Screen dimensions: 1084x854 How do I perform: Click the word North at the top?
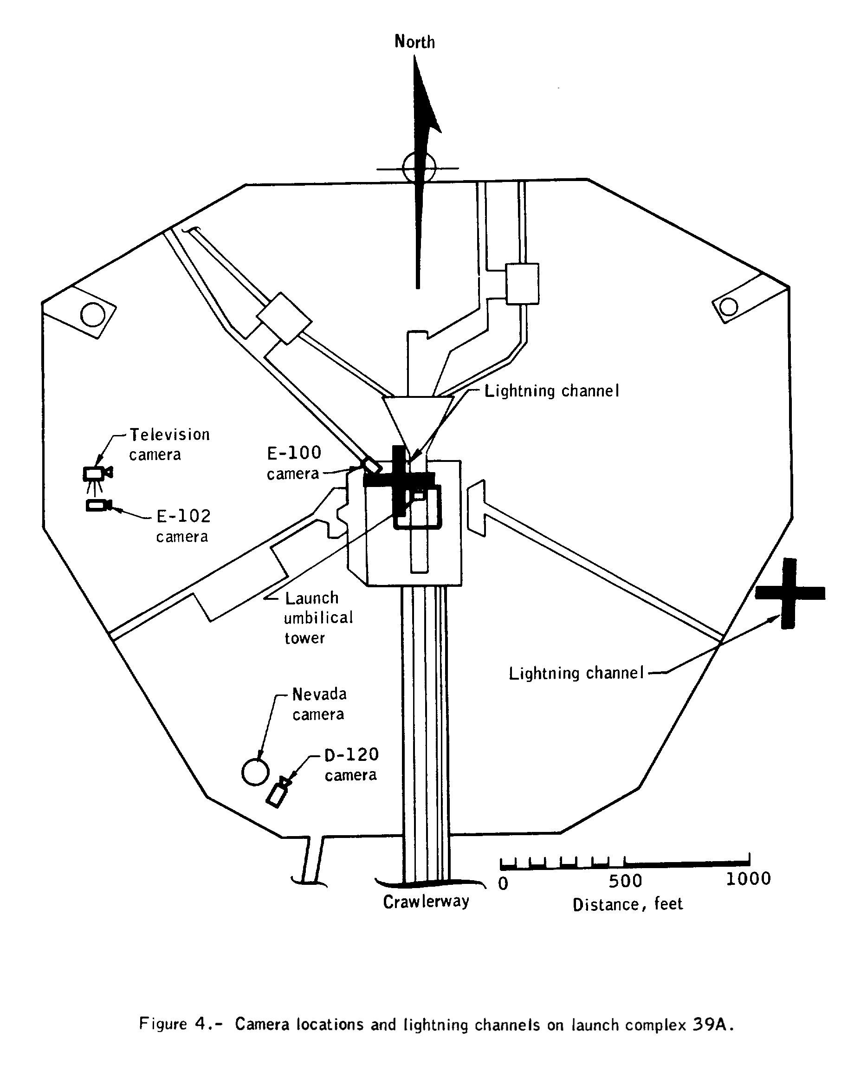pos(414,41)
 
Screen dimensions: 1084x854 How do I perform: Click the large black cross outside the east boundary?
pos(789,593)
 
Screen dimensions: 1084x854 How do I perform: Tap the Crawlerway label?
pos(426,902)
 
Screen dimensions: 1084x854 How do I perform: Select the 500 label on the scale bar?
pos(625,881)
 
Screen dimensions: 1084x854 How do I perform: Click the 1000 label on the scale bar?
pos(748,879)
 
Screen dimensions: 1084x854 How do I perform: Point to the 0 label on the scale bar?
pos(504,884)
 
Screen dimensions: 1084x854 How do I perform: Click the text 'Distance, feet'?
pos(628,904)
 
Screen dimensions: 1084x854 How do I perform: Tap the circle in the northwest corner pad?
pos(93,315)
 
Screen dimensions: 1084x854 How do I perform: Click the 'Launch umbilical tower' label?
pos(318,617)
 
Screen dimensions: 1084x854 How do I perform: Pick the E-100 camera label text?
pos(293,463)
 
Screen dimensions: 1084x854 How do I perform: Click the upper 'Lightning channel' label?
pos(551,391)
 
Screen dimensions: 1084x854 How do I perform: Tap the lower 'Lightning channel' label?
pos(576,673)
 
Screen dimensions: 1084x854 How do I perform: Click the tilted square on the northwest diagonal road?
pos(284,318)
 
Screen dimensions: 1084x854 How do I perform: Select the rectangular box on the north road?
pos(523,284)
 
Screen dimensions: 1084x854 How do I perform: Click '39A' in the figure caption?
pos(713,1025)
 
